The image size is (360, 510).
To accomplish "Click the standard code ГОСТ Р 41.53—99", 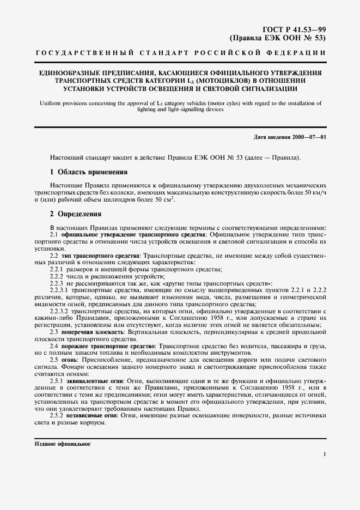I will (x=295, y=28).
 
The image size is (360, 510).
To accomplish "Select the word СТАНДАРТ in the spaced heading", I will (x=166, y=53).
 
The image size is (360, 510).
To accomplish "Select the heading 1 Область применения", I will (x=89, y=173).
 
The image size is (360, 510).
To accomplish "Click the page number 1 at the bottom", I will (x=325, y=453).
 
